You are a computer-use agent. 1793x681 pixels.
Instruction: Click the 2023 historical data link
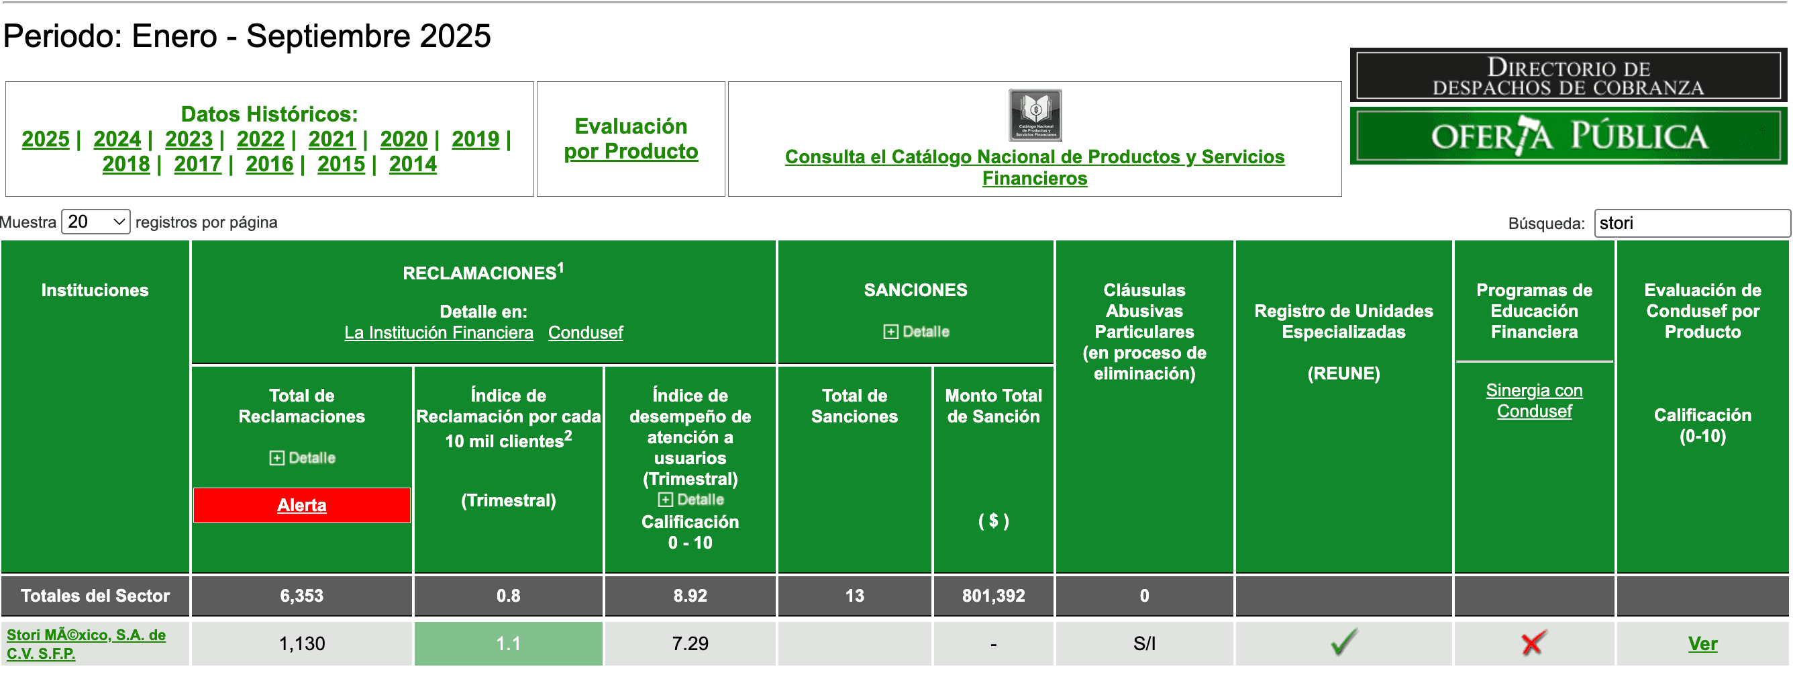point(189,139)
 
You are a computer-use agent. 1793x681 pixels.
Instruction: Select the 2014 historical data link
point(413,165)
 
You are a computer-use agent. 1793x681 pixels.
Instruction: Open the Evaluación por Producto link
point(631,138)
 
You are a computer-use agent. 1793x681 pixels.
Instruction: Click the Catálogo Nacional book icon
point(1035,115)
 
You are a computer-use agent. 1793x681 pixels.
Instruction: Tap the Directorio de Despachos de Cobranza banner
point(1568,76)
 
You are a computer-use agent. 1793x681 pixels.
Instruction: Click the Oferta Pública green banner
point(1568,136)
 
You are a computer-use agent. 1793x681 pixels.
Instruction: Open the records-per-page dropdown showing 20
point(96,222)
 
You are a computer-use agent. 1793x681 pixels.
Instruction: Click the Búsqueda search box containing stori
point(1691,224)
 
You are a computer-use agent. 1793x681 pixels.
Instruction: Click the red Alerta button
point(301,505)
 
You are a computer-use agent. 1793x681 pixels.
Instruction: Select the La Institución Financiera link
point(438,333)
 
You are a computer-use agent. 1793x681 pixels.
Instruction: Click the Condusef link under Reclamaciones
point(585,333)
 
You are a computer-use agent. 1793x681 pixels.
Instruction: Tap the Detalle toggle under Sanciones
point(916,332)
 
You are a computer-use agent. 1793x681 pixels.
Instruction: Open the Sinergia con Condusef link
point(1534,400)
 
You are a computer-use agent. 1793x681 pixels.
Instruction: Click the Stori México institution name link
point(86,644)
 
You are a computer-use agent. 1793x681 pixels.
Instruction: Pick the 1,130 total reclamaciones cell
point(301,643)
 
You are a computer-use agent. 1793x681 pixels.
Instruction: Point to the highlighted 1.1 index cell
point(508,643)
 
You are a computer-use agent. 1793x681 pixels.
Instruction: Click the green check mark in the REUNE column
point(1343,642)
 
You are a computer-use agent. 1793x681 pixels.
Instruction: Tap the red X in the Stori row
point(1533,643)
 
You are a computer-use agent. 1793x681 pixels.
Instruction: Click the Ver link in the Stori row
point(1702,643)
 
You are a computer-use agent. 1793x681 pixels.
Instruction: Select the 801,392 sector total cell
point(993,596)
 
